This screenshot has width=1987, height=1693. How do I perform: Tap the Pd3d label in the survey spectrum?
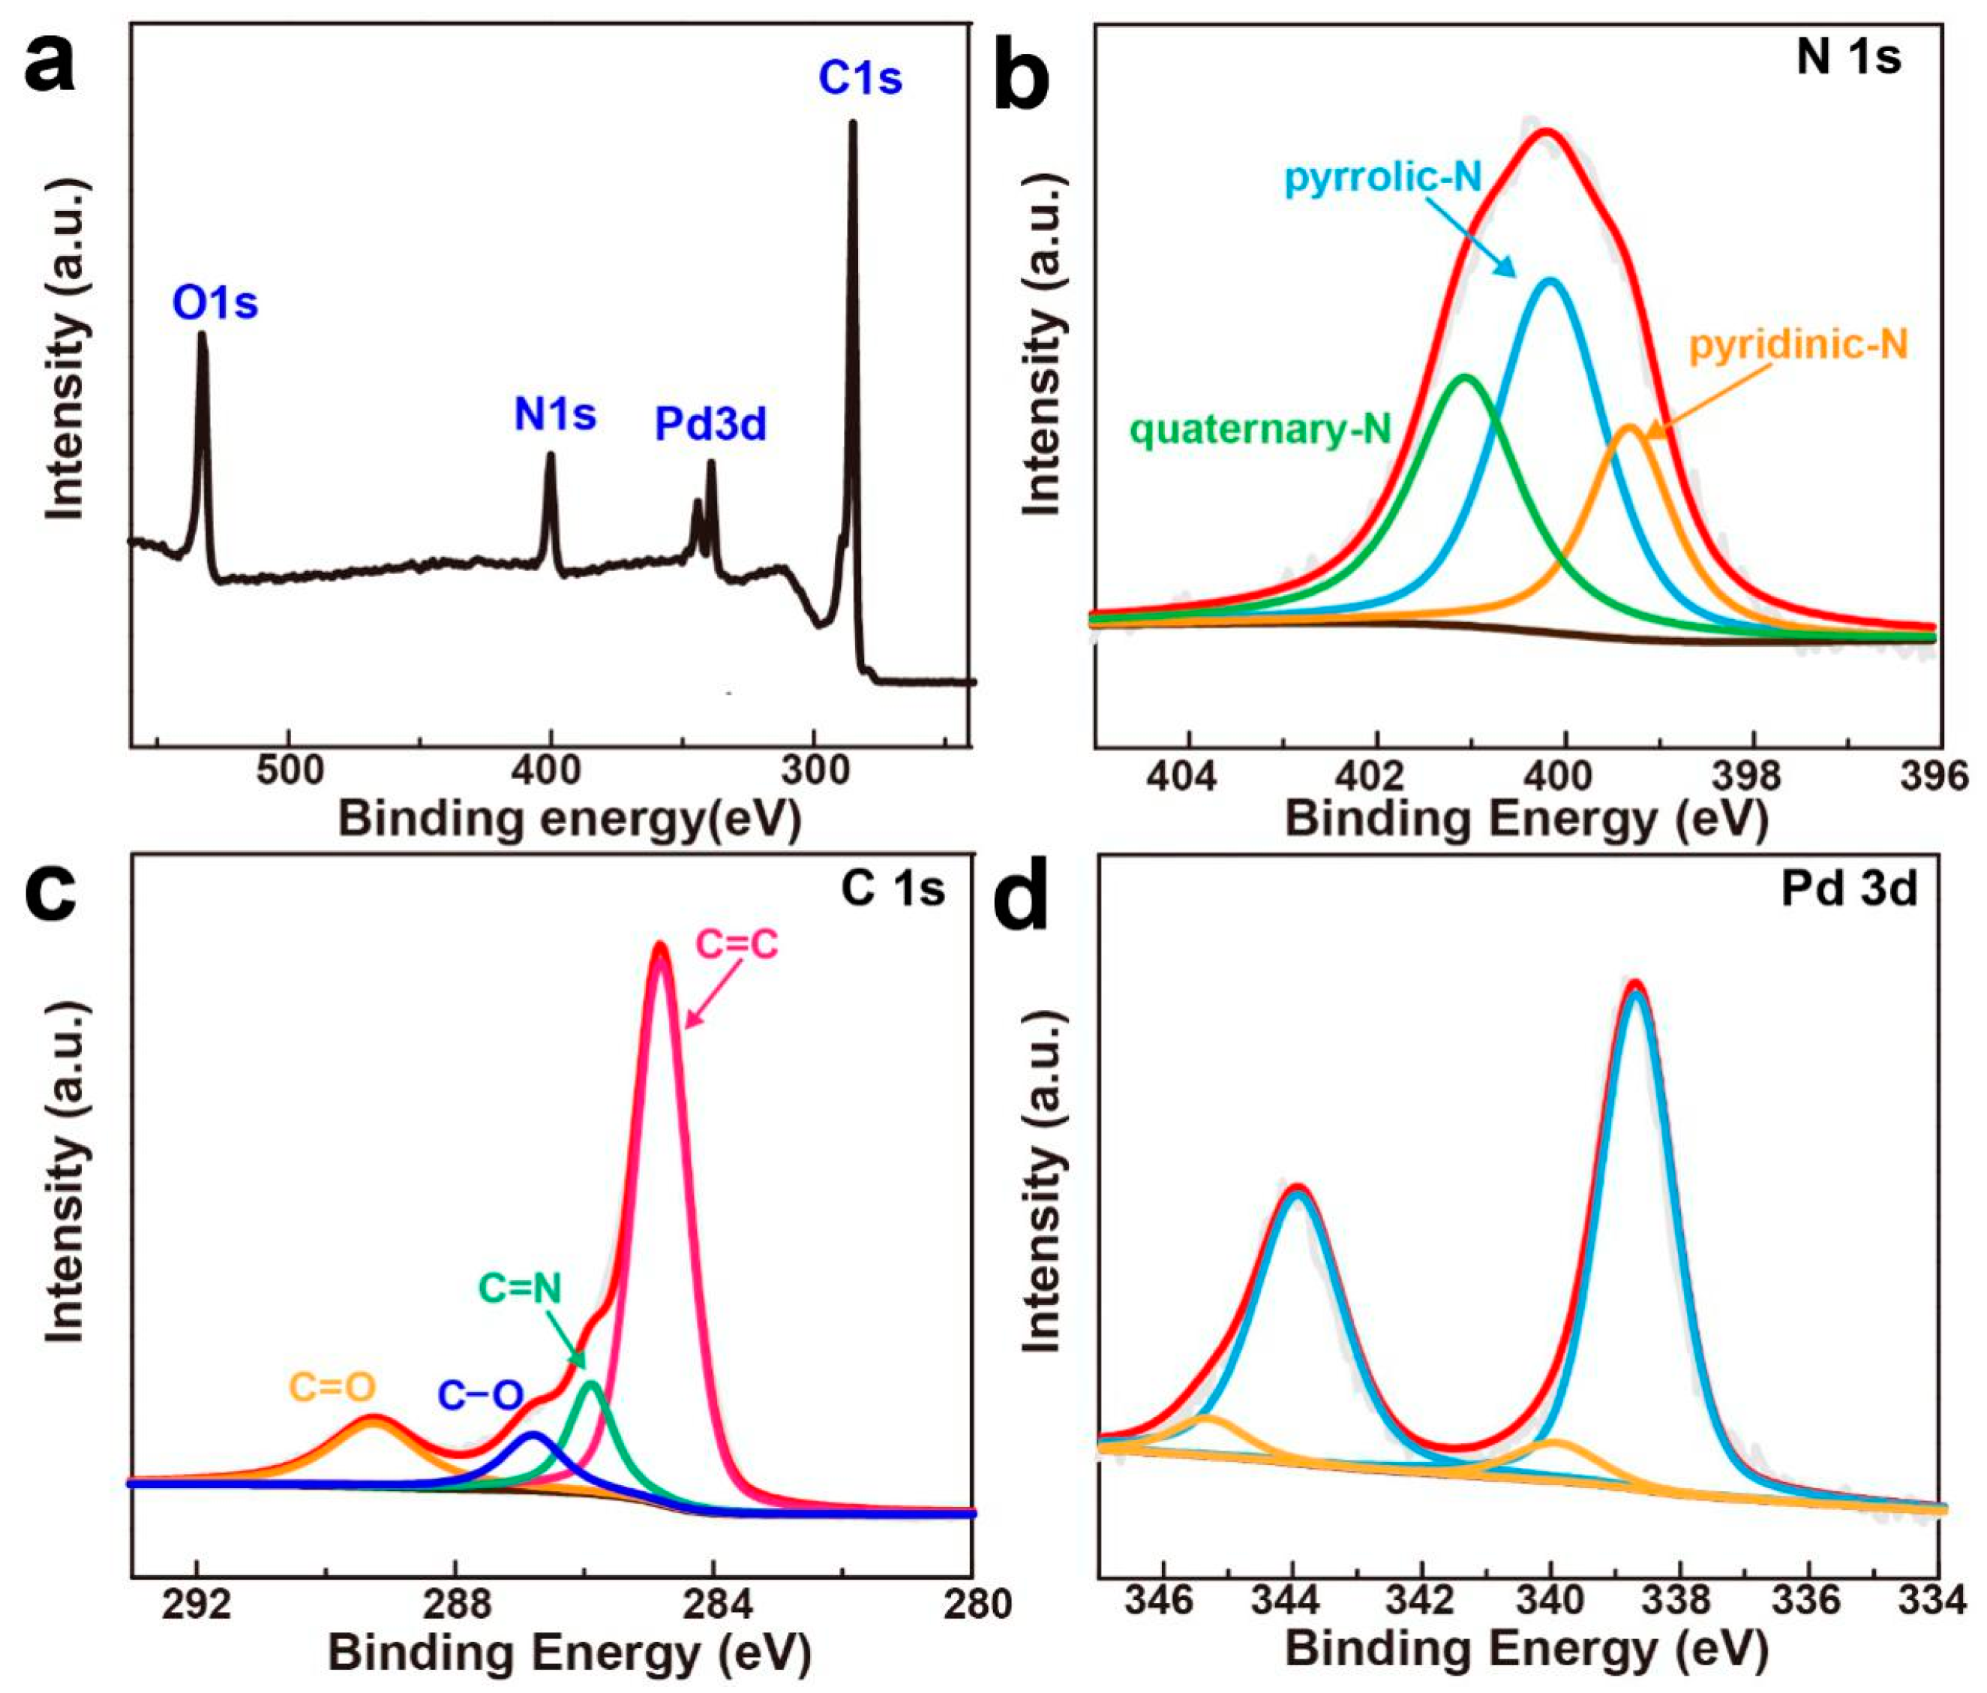pos(710,423)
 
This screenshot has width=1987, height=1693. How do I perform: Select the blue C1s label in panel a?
pos(860,79)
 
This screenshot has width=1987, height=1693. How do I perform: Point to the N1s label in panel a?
pos(554,414)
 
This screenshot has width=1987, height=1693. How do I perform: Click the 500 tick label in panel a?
pos(290,770)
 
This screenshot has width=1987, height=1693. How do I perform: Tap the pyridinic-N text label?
pos(1798,344)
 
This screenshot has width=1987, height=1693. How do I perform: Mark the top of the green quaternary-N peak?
pos(1464,376)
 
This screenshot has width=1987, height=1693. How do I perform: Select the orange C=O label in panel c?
pos(333,1387)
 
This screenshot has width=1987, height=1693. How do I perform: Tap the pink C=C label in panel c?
pos(737,945)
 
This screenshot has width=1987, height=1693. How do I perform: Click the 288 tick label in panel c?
pos(455,1604)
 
